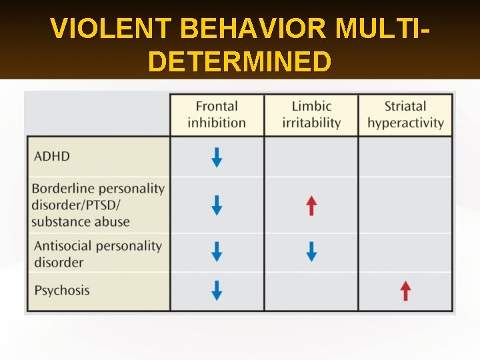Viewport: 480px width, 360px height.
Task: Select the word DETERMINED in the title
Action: click(x=239, y=62)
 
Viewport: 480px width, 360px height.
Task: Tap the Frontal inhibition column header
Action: click(x=217, y=114)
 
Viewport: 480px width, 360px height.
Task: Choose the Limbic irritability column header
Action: click(x=311, y=114)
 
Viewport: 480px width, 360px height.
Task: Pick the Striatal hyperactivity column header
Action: click(x=405, y=114)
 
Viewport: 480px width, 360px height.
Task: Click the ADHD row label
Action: click(x=52, y=156)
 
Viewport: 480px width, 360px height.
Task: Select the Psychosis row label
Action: click(x=62, y=290)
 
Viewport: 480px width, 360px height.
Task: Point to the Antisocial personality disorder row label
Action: click(x=98, y=253)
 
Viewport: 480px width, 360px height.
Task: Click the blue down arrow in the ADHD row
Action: click(x=217, y=157)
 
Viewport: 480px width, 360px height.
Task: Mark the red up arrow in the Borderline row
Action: click(x=311, y=205)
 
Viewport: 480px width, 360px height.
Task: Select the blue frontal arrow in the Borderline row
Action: click(x=217, y=205)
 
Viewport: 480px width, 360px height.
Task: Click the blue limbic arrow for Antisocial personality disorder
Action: click(x=311, y=251)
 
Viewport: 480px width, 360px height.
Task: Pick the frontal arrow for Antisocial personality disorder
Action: click(x=217, y=251)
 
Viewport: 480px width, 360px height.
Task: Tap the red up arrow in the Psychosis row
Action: click(x=405, y=291)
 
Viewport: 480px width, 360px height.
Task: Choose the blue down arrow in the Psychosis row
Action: click(x=217, y=291)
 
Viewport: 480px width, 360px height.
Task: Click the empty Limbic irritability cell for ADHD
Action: click(x=311, y=157)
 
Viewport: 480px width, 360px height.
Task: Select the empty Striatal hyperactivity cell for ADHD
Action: click(x=405, y=157)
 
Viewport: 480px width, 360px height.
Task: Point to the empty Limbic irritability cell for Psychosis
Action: click(x=311, y=291)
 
